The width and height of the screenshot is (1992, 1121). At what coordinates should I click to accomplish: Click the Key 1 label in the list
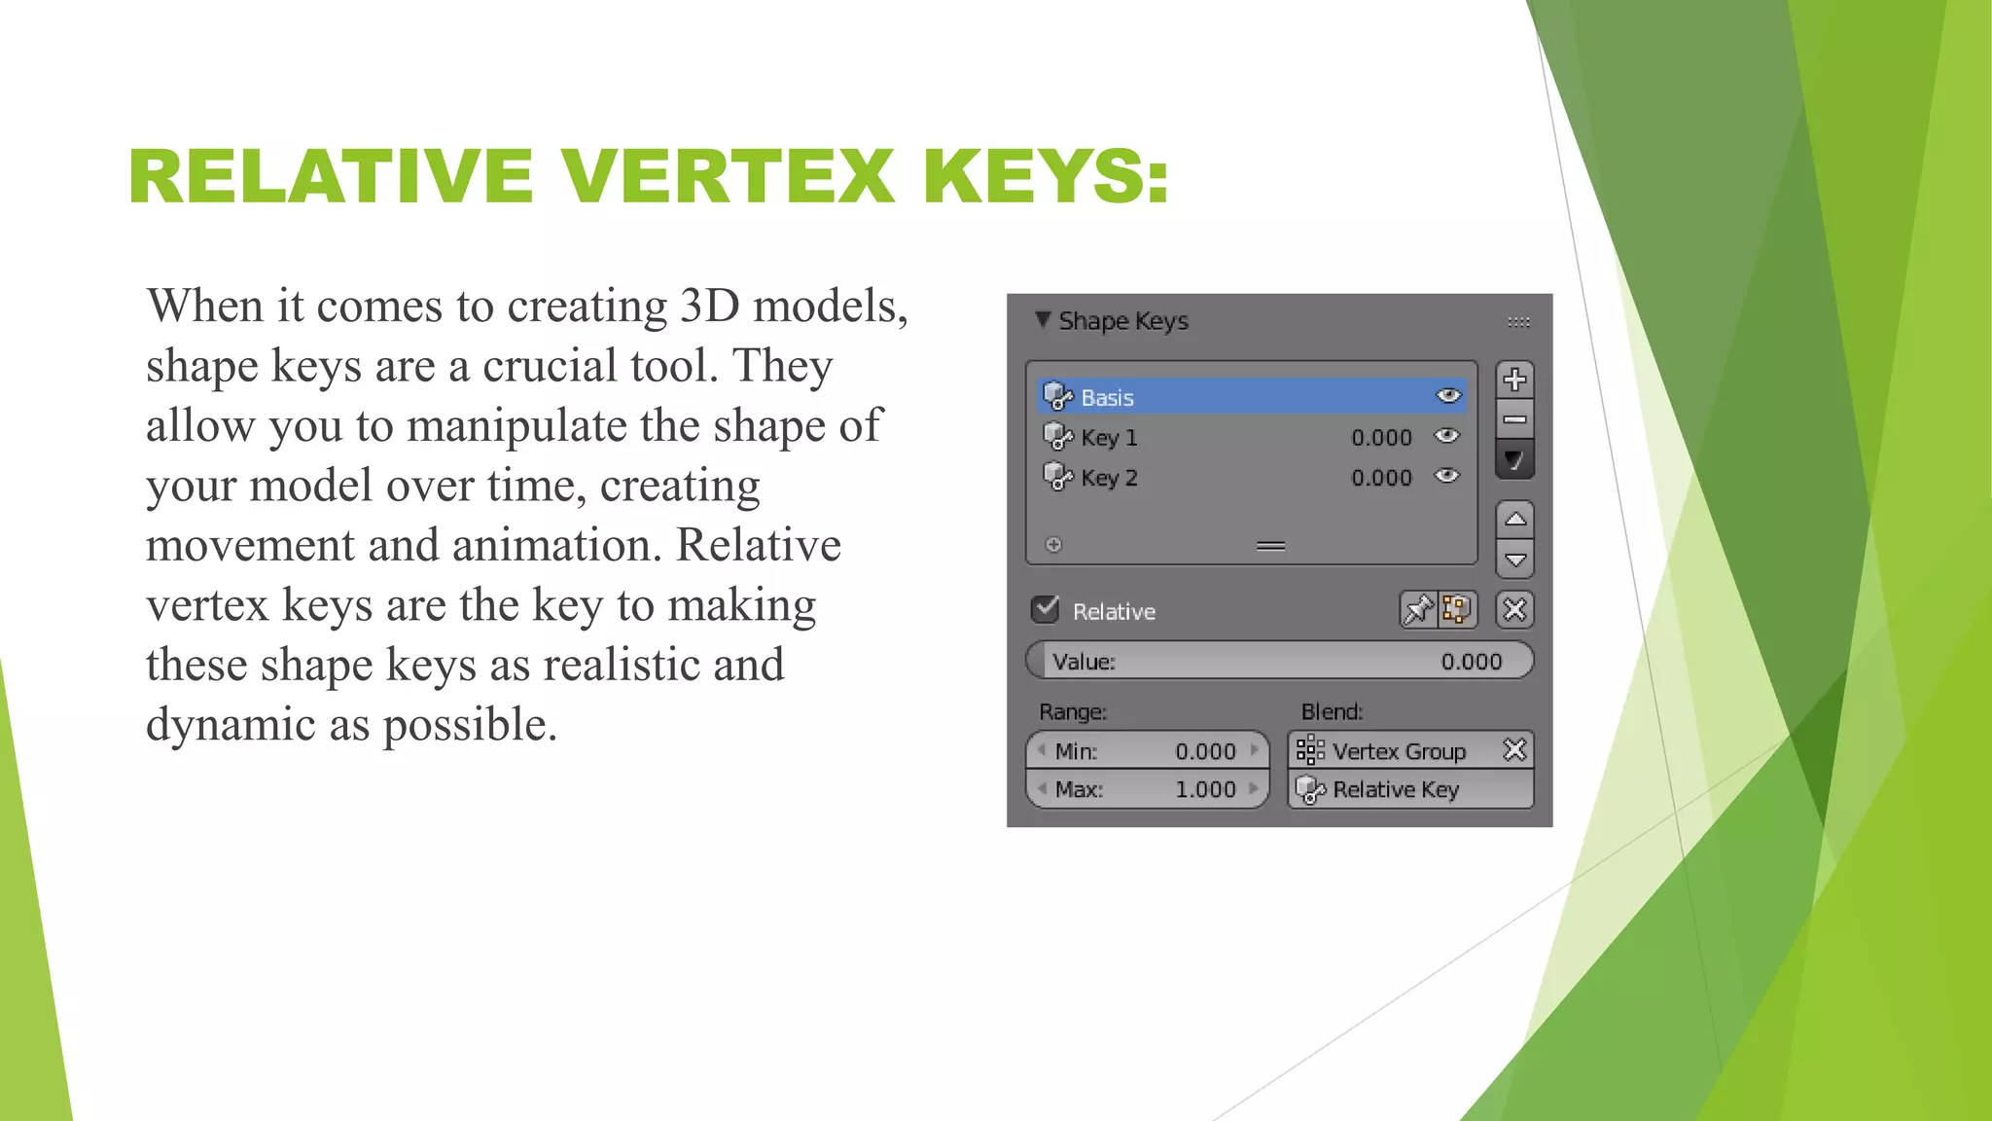tap(1109, 438)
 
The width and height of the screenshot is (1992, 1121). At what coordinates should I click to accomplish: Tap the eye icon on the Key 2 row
tap(1447, 476)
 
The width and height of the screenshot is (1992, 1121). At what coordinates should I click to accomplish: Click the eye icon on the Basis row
tap(1448, 395)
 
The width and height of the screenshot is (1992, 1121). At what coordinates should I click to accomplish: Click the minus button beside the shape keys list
tap(1514, 420)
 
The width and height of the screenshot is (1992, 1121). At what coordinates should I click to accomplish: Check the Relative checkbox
tap(1046, 610)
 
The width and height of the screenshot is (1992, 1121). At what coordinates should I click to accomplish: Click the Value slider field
tap(1279, 661)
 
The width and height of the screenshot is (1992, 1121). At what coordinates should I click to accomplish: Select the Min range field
tap(1148, 751)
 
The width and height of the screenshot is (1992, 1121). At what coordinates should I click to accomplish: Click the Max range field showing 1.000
tap(1148, 789)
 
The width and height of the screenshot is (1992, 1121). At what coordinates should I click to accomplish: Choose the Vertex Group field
tap(1396, 751)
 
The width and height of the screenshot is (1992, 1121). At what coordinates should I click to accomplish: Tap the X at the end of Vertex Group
tap(1514, 750)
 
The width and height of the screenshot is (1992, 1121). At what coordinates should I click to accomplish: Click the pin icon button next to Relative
tap(1418, 610)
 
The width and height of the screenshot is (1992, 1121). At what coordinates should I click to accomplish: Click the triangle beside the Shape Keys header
tap(1043, 320)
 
